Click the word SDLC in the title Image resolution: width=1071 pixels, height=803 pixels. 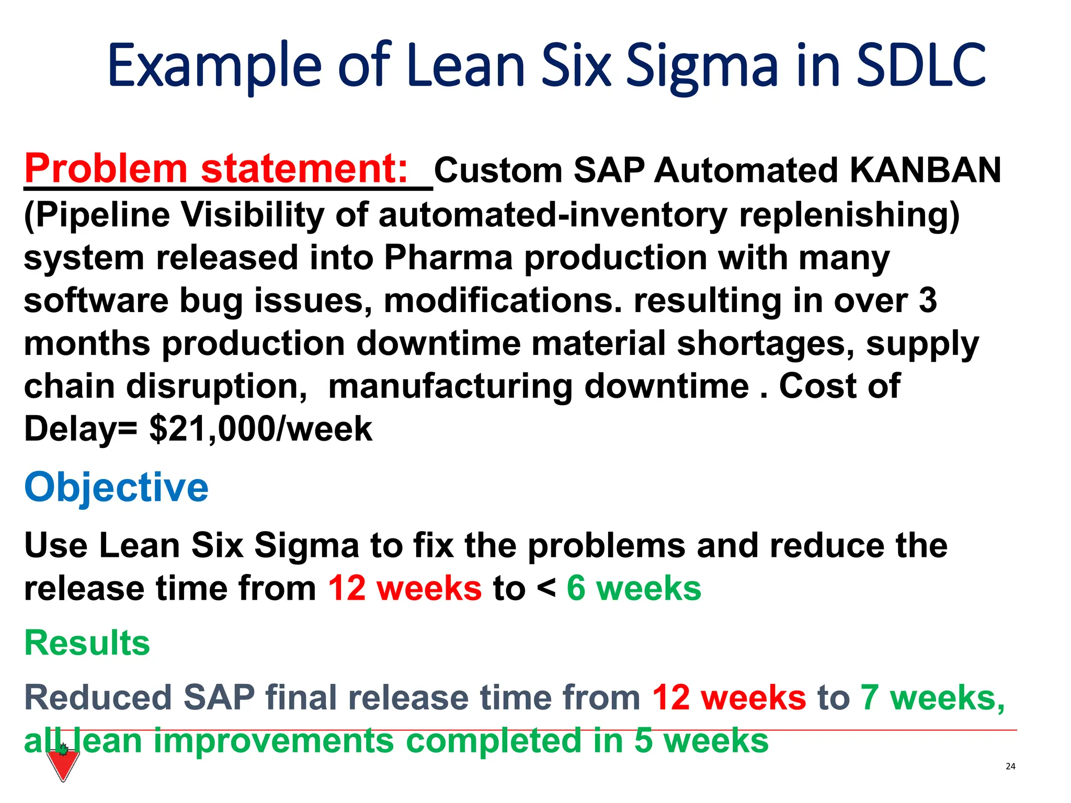point(921,65)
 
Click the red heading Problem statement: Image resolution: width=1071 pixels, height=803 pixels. point(217,169)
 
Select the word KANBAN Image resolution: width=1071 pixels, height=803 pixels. point(925,170)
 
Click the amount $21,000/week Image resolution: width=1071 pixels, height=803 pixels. point(260,429)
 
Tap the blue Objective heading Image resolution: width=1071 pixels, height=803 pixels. point(116,487)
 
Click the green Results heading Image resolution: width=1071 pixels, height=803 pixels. point(87,643)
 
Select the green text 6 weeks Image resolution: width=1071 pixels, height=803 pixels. point(634,588)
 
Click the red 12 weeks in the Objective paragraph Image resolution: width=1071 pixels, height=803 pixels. point(404,588)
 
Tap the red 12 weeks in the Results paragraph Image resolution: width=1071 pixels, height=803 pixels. point(729,698)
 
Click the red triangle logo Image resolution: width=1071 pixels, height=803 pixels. point(63,764)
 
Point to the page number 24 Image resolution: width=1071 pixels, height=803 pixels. point(1010,766)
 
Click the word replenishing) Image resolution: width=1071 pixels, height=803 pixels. point(849,215)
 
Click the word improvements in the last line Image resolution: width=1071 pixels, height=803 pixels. point(273,741)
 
